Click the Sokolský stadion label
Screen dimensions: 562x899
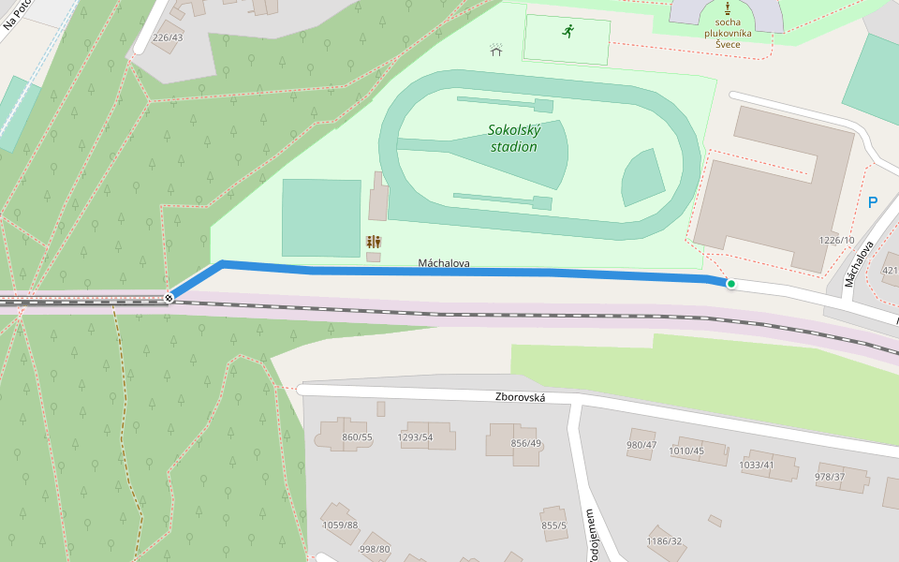513,139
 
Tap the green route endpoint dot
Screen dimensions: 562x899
730,284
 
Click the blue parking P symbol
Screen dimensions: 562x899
873,202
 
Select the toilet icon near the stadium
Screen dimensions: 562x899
375,242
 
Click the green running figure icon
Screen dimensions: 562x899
567,32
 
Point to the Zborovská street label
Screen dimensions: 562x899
520,397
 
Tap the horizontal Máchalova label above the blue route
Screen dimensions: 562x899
444,264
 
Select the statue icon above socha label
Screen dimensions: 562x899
728,7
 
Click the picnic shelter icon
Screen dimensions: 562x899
496,51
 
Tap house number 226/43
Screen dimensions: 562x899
167,38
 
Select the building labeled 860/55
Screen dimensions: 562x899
357,437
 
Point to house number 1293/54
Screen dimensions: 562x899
415,437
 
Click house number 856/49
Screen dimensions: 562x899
526,443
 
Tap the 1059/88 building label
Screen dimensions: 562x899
340,525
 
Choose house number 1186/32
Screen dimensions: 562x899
664,541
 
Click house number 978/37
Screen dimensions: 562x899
830,477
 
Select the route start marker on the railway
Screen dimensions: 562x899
169,298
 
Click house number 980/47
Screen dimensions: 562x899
641,445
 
